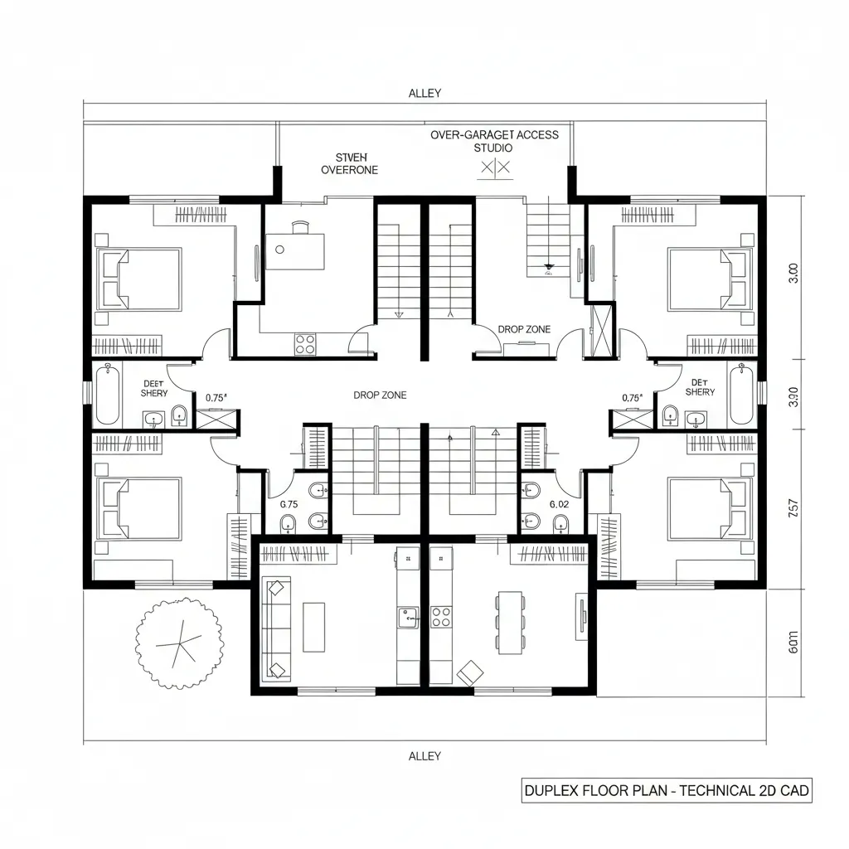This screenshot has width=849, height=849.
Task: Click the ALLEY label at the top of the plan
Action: (x=424, y=94)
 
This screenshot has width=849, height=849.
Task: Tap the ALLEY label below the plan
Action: (x=424, y=755)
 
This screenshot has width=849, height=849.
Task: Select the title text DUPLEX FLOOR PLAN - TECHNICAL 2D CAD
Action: (x=667, y=791)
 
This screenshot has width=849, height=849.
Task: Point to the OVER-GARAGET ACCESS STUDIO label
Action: (x=494, y=141)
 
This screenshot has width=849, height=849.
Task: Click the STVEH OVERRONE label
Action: (x=349, y=163)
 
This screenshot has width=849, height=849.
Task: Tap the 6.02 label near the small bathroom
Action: (x=560, y=503)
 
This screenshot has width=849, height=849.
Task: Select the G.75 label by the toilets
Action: (x=289, y=503)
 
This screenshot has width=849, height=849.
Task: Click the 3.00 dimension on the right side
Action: (x=793, y=274)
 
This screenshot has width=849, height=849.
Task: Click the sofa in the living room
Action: (x=275, y=628)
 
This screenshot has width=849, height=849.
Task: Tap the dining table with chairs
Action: (x=509, y=622)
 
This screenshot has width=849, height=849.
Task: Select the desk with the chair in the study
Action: (x=294, y=249)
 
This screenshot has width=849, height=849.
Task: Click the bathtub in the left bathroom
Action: (x=108, y=395)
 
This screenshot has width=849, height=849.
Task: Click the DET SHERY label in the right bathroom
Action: (x=700, y=387)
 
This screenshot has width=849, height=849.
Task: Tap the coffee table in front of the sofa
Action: (x=314, y=627)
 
